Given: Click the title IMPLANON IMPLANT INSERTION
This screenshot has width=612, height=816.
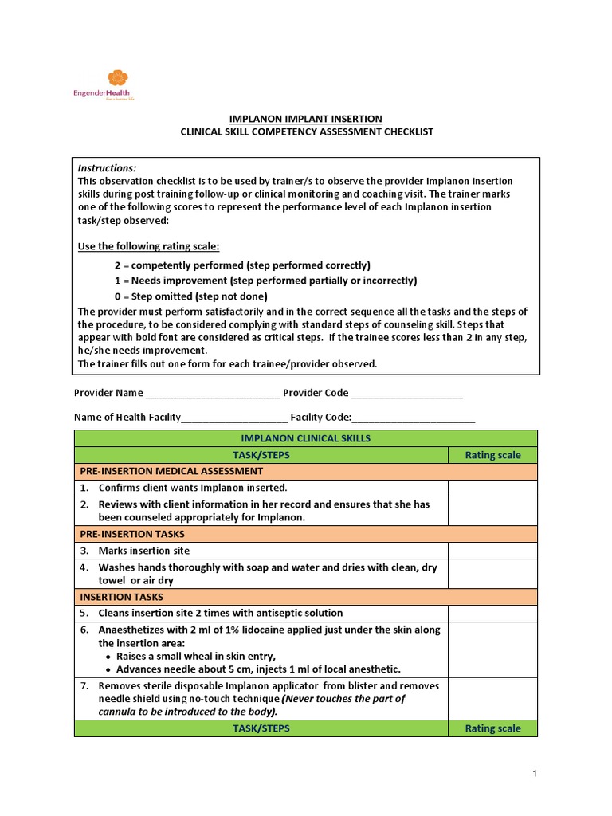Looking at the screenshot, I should (306, 119).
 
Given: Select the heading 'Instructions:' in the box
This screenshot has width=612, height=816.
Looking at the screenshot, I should (107, 168).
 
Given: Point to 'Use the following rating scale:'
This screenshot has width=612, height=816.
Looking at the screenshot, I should (148, 246).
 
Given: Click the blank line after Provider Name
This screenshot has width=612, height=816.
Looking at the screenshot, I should (213, 394).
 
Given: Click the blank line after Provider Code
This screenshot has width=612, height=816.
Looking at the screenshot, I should (406, 394).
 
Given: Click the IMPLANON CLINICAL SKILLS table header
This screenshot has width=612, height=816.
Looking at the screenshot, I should (305, 439).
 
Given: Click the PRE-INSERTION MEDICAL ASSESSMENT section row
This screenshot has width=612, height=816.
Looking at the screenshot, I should (171, 471).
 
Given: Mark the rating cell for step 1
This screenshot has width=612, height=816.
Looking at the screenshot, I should (492, 488).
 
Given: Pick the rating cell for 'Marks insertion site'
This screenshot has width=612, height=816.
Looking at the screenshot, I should (492, 551).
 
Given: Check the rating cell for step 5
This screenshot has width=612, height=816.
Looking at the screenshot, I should (492, 613).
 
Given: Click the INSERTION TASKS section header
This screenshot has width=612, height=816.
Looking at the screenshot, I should (121, 597).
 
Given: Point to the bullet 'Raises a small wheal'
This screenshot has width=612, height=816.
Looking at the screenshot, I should (196, 656).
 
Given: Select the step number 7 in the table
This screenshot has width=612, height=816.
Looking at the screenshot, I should (84, 685).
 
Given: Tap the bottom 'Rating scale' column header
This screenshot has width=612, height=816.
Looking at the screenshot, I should (492, 728).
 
